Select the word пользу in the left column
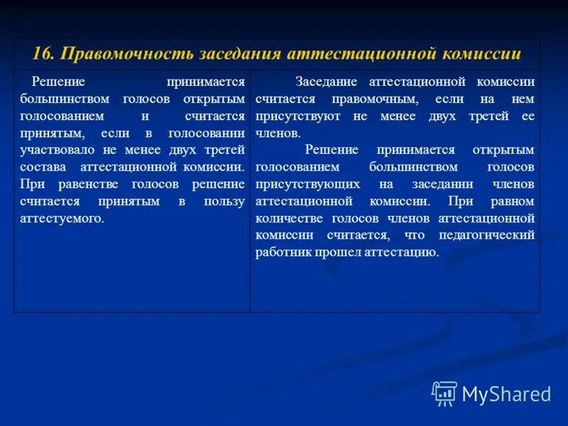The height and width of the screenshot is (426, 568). (x=226, y=201)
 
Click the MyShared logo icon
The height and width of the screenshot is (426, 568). (x=444, y=393)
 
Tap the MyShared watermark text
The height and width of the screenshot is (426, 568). (x=506, y=394)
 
